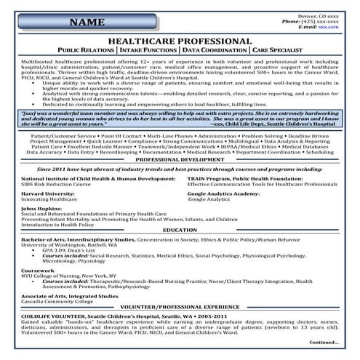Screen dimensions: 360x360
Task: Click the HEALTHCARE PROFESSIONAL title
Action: coord(179,41)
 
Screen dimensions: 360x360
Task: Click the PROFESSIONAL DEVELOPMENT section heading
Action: coord(179,159)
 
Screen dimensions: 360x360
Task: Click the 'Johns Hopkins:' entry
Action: coord(42,209)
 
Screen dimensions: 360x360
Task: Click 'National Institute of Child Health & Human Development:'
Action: coord(97,177)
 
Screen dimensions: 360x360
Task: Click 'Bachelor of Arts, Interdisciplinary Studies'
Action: coord(78,239)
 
